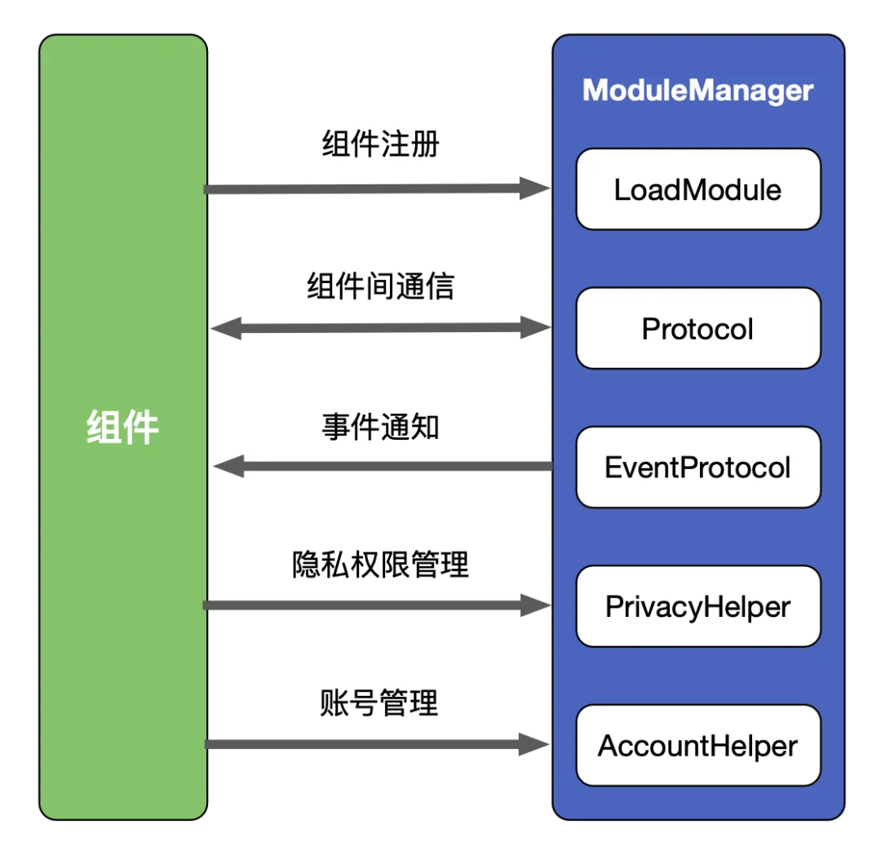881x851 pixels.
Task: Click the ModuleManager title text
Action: tap(697, 90)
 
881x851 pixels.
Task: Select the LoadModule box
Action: tap(697, 190)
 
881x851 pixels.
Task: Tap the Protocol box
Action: tap(697, 329)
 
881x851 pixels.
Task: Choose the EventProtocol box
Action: tap(697, 468)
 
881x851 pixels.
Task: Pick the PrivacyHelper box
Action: tap(697, 606)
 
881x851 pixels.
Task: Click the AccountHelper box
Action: tap(697, 746)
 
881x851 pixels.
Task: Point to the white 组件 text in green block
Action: tap(122, 427)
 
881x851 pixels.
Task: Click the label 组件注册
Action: tap(380, 144)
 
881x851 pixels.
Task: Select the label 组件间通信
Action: tap(380, 286)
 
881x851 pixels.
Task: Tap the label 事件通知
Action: tap(380, 426)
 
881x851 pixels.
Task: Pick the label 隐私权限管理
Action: tap(380, 565)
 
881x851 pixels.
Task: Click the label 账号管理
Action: tap(380, 703)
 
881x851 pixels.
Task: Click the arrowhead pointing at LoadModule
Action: tap(535, 188)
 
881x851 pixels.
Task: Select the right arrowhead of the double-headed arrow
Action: tap(535, 328)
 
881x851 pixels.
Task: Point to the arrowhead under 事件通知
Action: tap(228, 467)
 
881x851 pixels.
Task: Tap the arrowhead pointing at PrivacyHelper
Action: tap(535, 605)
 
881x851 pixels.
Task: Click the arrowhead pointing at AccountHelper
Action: tap(535, 743)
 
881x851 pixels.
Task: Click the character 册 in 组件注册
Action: tap(425, 144)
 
